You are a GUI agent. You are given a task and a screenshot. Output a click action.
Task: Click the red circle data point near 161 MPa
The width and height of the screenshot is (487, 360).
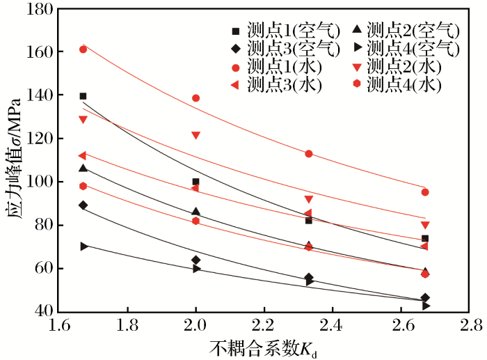click(83, 49)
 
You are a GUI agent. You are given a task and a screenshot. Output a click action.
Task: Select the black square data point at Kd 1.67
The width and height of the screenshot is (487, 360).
click(83, 96)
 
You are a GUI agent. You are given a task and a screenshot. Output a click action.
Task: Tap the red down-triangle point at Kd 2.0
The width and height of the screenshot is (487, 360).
click(195, 135)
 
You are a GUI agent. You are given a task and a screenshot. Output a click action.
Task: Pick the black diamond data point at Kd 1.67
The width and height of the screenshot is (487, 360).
click(83, 205)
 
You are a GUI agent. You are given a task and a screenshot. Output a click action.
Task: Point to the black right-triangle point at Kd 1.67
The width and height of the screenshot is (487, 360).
click(83, 246)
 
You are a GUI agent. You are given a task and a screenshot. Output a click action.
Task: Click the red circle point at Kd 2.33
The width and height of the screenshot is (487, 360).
click(309, 154)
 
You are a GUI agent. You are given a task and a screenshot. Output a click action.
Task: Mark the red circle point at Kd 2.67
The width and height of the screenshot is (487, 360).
click(425, 192)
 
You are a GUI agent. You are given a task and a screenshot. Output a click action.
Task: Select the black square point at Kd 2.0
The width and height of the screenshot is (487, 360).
click(195, 182)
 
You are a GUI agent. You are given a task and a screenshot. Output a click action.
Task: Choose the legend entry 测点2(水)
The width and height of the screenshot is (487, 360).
click(404, 67)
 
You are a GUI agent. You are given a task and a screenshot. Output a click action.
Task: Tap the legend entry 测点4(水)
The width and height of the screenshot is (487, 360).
click(404, 85)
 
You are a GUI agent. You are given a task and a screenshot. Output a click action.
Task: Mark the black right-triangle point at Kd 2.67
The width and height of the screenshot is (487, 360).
click(426, 306)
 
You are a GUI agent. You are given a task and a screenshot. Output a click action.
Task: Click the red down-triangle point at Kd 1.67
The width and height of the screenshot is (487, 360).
click(83, 119)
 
